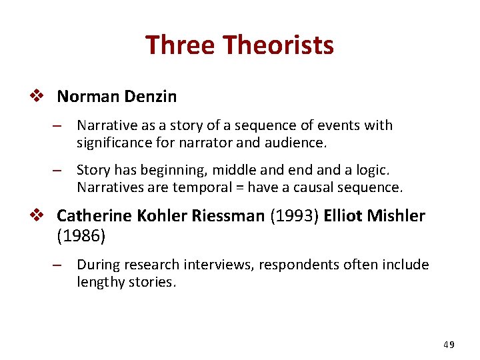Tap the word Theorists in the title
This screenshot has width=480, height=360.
click(x=279, y=45)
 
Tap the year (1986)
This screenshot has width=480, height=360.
click(x=81, y=235)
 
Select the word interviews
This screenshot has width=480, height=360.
click(x=213, y=265)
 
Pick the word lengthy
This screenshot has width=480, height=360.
click(x=100, y=282)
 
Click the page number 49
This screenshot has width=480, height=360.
click(x=449, y=345)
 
